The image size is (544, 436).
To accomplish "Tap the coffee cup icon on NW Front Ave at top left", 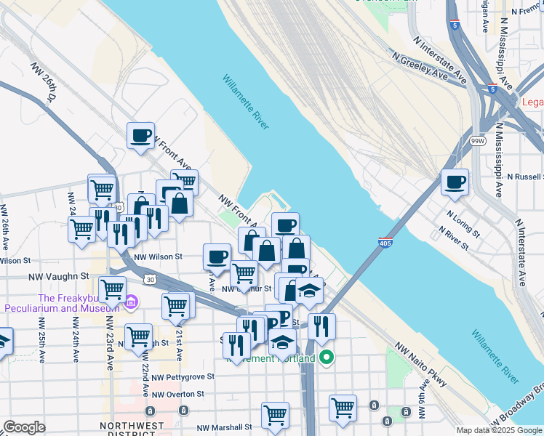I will tap(140, 134).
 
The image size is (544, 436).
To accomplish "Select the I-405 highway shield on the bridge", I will tap(385, 242).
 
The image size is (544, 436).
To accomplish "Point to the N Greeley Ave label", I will tap(418, 66).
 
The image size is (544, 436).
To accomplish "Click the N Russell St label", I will tap(524, 177).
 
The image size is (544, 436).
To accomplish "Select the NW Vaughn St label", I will tap(58, 277).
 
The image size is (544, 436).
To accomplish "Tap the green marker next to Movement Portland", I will tap(327, 358).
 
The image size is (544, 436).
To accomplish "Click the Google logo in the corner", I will tap(24, 427).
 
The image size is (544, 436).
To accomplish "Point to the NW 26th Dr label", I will tap(44, 81).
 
